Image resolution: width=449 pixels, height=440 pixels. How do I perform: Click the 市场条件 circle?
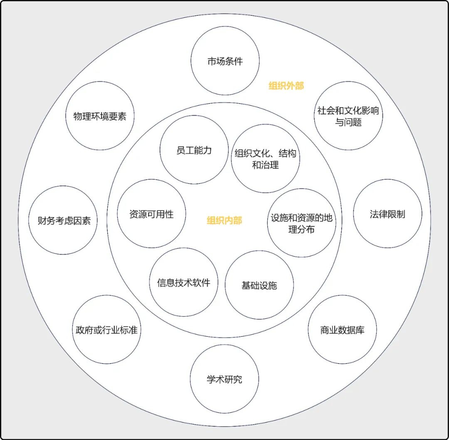coord(225,61)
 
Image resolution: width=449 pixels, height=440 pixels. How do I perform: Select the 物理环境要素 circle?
coord(100,116)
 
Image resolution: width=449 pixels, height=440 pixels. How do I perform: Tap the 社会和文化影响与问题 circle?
coord(348,116)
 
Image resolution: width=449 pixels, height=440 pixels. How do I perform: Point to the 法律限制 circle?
coord(387,214)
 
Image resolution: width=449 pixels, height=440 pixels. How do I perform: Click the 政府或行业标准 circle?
coord(106,329)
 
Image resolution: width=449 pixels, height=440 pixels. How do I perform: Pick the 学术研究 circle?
coord(224,379)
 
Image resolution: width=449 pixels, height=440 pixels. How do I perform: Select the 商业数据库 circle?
coord(342,329)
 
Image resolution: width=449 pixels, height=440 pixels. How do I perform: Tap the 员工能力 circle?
coord(194,150)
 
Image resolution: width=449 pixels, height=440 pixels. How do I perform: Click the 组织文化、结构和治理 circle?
coord(265,158)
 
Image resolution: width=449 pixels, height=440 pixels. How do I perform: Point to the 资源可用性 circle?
coord(151,214)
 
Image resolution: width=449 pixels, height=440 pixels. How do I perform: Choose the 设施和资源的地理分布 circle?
coord(301,223)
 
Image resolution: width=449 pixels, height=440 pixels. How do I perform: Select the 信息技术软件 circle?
coord(183,282)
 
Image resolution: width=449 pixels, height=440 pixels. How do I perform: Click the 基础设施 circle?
coord(259,285)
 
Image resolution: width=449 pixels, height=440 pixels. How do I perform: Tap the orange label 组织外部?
coord(286,86)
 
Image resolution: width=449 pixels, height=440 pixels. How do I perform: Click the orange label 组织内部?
coord(224,220)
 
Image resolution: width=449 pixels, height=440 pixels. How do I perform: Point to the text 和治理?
coord(265,165)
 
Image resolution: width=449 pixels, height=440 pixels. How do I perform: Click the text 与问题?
coord(348,122)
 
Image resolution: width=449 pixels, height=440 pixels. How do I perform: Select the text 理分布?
coord(301,229)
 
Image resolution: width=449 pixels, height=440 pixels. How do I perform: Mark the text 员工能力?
coord(194,150)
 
